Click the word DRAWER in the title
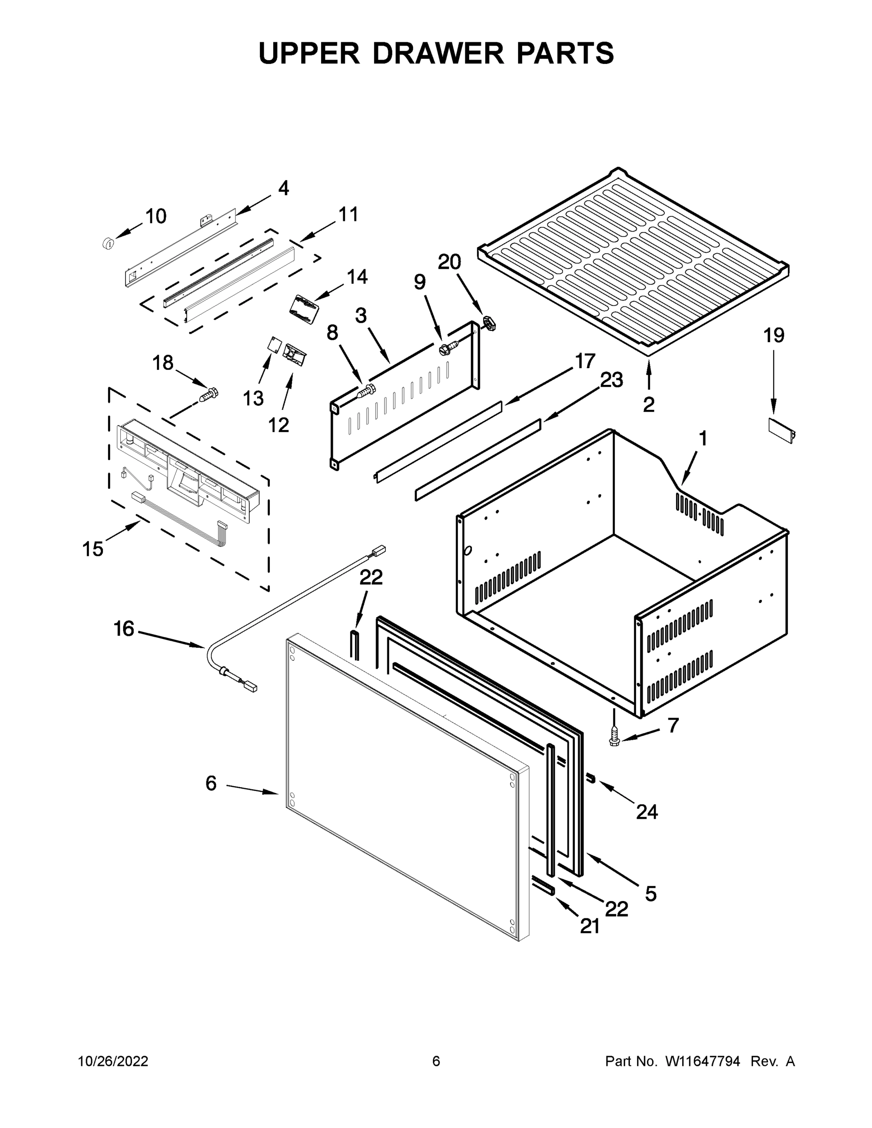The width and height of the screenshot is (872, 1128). point(438,53)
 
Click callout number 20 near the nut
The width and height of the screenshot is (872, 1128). point(449,262)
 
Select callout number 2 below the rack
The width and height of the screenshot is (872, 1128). point(648,404)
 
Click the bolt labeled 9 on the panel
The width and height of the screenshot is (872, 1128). point(448,348)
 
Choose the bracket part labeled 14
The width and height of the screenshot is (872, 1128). point(304,309)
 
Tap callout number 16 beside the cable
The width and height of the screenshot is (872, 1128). point(124,629)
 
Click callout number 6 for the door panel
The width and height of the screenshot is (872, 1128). point(211,783)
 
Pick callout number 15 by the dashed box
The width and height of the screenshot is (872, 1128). point(93,549)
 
